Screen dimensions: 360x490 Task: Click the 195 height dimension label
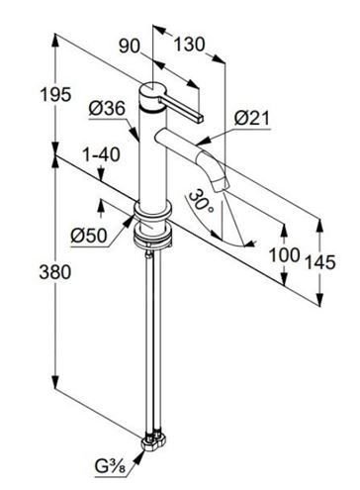pos(55,94)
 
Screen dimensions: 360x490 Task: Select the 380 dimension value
pos(55,272)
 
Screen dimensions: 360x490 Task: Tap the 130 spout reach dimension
pos(189,45)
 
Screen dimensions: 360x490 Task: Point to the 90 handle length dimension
pos(130,46)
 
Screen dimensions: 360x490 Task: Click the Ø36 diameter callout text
pos(107,108)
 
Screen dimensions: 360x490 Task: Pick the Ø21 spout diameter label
pos(252,118)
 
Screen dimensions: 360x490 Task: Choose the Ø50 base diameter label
pos(89,236)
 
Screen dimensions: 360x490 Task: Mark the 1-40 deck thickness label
pos(101,154)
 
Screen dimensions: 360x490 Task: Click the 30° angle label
pos(201,201)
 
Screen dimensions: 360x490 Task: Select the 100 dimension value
pos(285,254)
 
